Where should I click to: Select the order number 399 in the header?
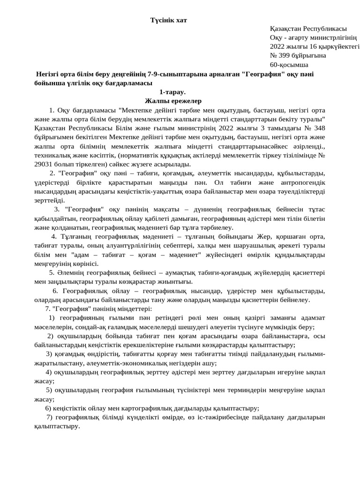coord(285,55)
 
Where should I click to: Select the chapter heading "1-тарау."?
coord(172,92)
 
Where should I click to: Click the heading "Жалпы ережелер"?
coord(173,101)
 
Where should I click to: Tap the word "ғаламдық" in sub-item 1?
coord(127,327)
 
